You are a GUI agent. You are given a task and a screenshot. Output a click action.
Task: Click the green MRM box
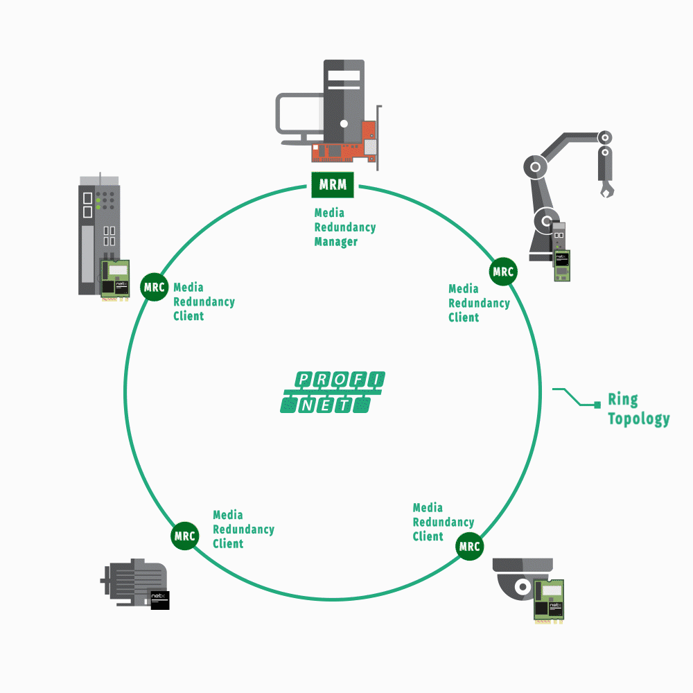(333, 185)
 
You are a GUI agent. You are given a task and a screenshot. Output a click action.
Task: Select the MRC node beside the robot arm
(503, 272)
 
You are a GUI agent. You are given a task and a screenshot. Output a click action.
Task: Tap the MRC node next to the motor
(185, 536)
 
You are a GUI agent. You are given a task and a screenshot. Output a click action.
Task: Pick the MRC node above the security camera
(469, 546)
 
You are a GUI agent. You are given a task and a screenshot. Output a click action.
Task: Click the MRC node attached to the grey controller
(154, 286)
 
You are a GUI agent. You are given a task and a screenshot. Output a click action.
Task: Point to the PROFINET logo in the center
(333, 392)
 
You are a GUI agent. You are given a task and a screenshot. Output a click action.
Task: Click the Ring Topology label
(638, 409)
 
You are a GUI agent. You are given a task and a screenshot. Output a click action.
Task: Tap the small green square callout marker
(597, 404)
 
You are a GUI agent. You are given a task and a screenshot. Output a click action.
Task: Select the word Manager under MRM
(336, 242)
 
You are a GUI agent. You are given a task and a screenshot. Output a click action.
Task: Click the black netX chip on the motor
(160, 599)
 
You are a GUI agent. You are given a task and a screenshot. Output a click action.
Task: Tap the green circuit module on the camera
(548, 599)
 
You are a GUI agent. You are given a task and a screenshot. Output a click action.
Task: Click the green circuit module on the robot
(561, 265)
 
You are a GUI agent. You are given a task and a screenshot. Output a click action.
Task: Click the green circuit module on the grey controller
(116, 279)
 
